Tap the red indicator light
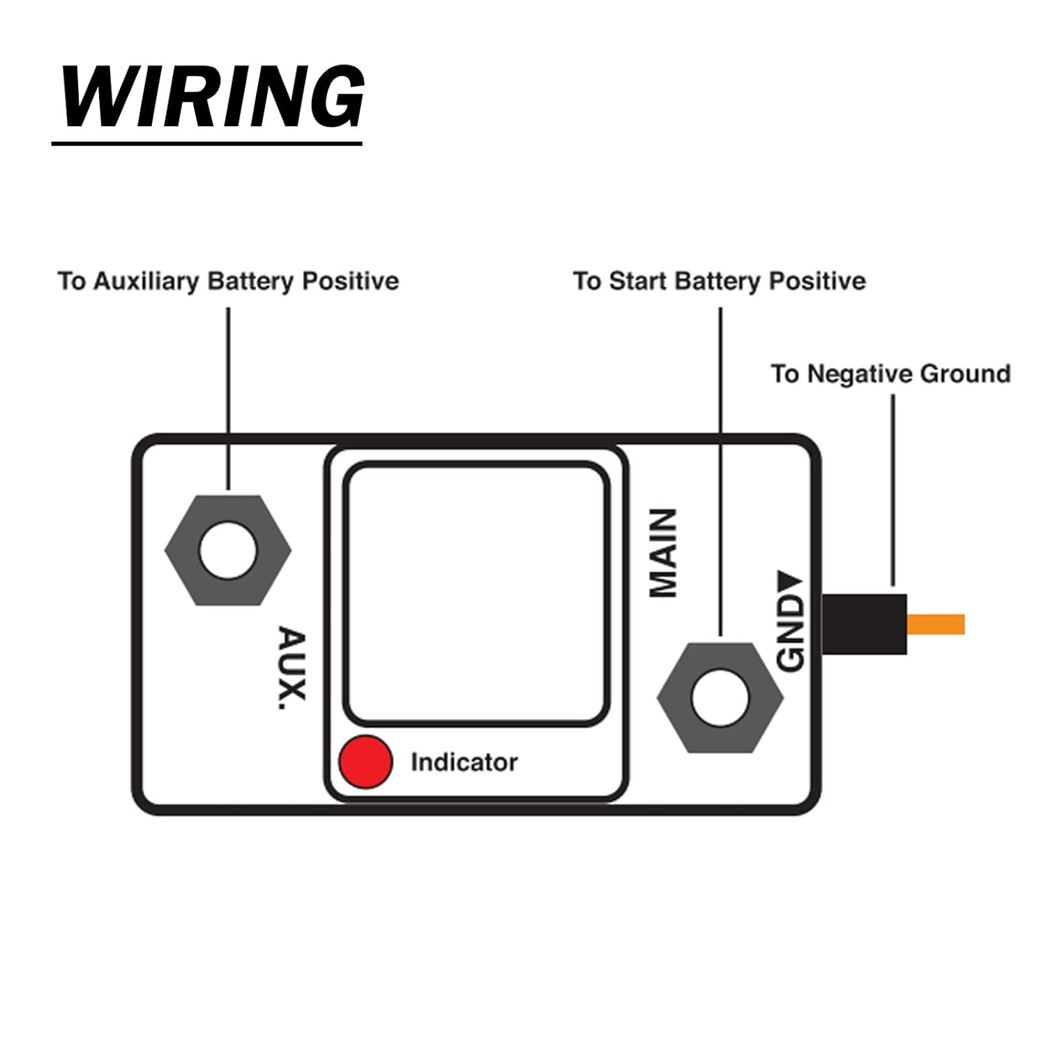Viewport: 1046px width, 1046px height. pos(365,761)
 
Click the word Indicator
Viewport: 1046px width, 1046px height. pos(464,762)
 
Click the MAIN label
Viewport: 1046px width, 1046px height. pos(663,553)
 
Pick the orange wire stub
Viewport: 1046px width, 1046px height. pos(936,624)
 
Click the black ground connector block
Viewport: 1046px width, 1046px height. pos(865,624)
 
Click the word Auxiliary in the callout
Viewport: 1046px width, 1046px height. pos(146,281)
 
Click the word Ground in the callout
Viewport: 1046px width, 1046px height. pos(965,374)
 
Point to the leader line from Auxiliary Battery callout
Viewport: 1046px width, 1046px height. pos(228,397)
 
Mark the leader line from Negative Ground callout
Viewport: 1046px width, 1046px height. pos(893,488)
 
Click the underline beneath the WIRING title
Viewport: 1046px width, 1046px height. pos(207,144)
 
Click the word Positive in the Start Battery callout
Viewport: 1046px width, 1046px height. pos(817,281)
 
